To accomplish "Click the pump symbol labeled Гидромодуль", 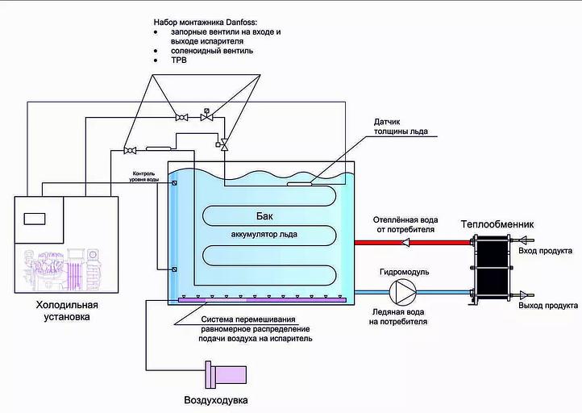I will coord(401,292).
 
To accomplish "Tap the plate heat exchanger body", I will coord(492,268).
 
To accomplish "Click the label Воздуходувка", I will coord(216,400).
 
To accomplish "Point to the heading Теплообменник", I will coord(497,224).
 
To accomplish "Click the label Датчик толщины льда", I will coord(400,127).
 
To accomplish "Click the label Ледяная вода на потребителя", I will coord(400,317).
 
